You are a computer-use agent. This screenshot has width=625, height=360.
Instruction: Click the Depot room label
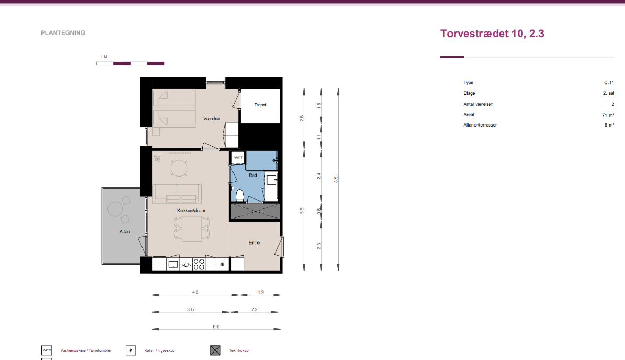coord(260,105)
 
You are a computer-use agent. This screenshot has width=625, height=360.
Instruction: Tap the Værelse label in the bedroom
coord(212,119)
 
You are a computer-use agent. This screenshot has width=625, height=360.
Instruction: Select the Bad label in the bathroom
coord(253,175)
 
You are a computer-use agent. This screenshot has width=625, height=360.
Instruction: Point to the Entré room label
coord(254,242)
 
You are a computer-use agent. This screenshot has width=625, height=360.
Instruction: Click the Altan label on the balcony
coord(125,232)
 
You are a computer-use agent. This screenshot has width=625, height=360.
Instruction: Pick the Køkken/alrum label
coord(191,211)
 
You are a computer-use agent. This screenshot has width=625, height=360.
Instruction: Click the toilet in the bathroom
coord(239,196)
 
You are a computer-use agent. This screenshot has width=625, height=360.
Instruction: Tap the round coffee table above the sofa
coord(179,168)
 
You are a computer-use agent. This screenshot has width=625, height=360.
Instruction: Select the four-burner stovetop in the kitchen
coord(199,264)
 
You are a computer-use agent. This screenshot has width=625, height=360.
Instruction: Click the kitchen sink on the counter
coord(173,264)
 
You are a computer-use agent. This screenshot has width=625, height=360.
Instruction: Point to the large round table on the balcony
coord(115,209)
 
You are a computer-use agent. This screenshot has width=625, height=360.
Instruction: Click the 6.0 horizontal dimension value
coord(216,326)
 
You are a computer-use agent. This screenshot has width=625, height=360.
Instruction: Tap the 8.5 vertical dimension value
coord(336,179)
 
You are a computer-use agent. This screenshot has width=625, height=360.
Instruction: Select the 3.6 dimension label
coord(190,309)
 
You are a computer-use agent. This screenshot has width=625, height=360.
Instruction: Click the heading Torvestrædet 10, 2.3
coord(492,34)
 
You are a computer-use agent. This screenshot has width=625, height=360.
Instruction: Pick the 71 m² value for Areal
coord(608,115)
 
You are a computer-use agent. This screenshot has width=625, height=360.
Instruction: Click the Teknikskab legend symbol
coord(215,350)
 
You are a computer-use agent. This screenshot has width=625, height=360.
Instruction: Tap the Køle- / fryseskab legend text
coord(160,351)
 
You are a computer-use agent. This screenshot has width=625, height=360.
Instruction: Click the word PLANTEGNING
coord(63,33)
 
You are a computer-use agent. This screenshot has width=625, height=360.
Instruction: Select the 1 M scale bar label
coord(104,57)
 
